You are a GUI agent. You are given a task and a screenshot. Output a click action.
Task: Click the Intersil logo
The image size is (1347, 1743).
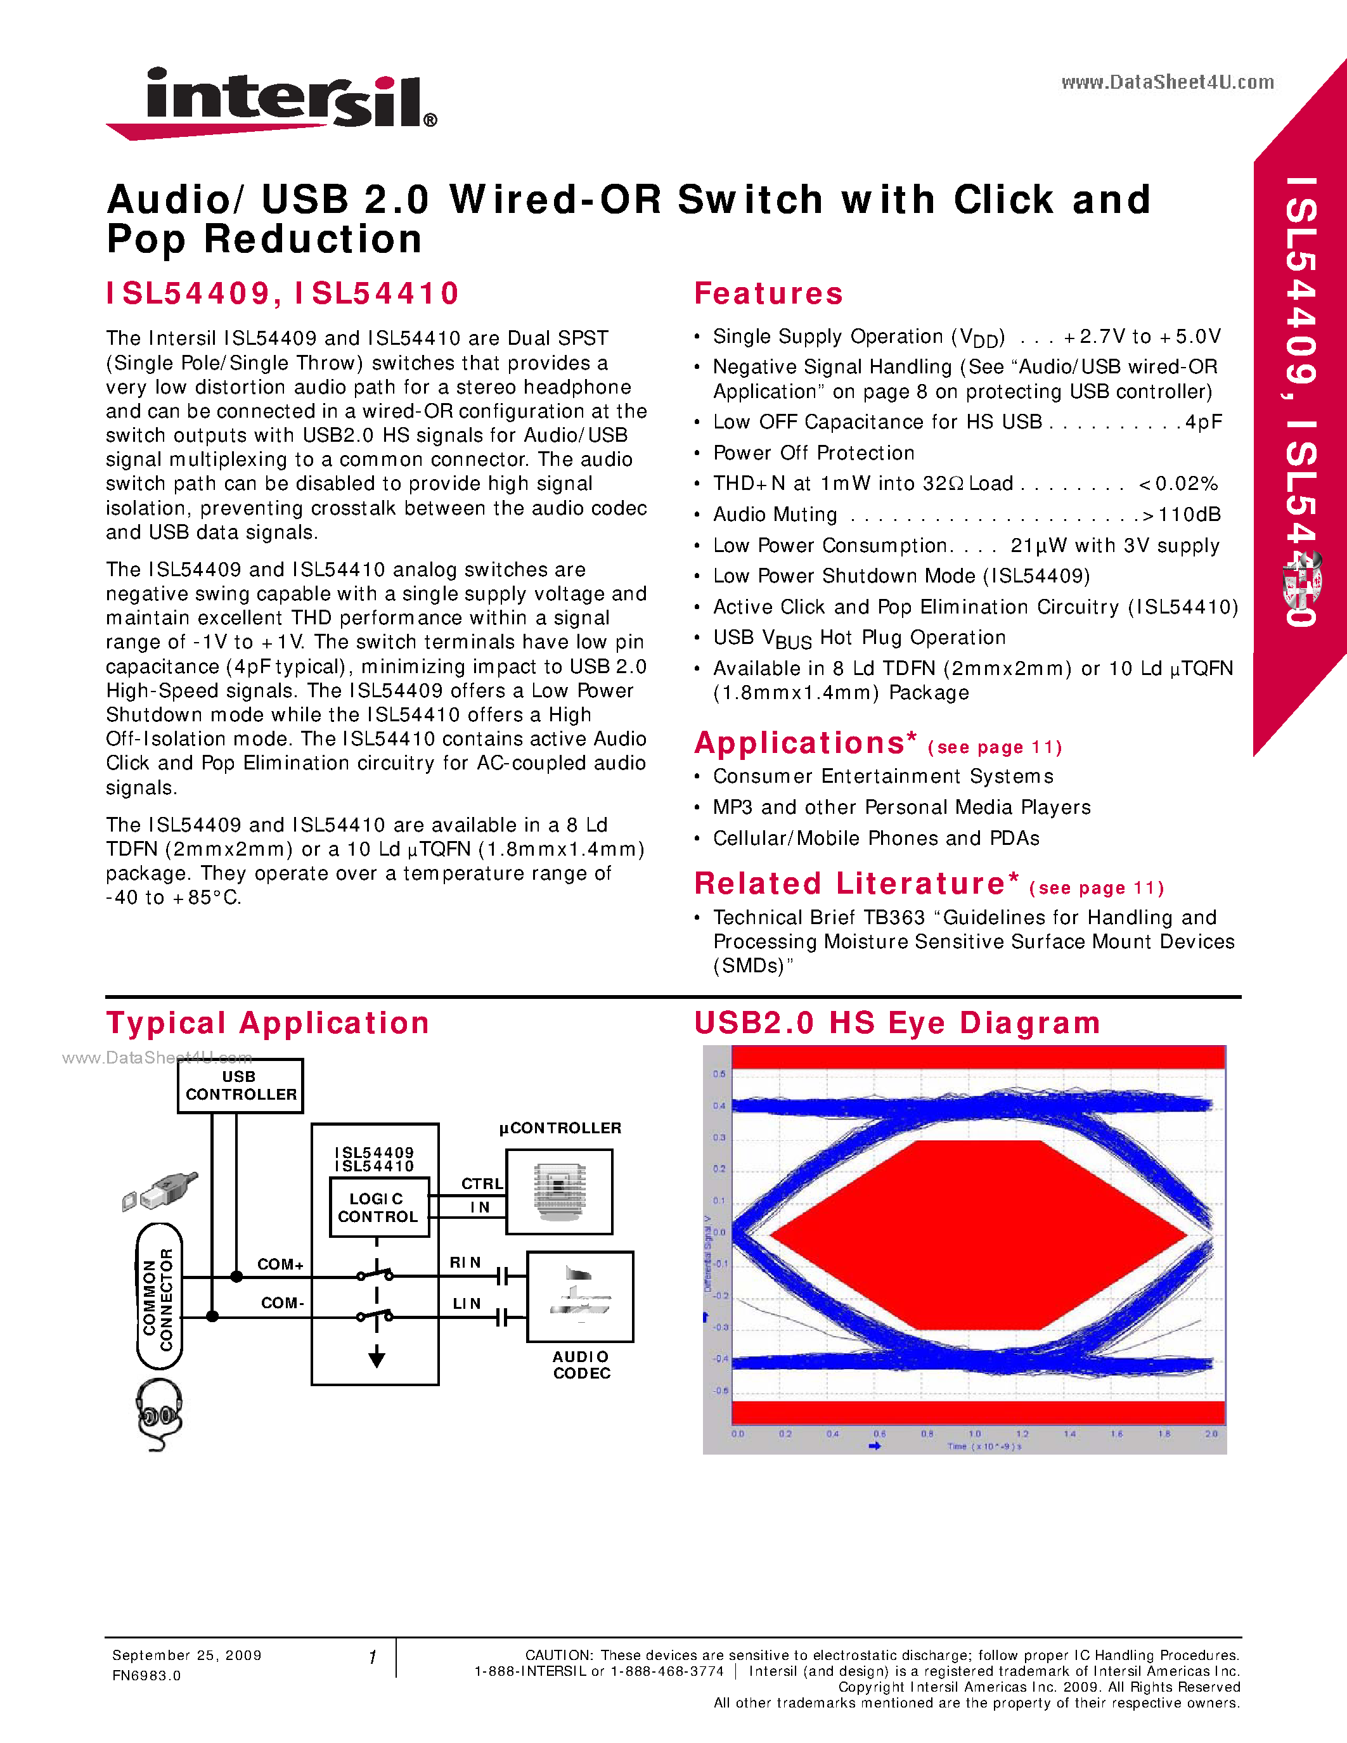[271, 102]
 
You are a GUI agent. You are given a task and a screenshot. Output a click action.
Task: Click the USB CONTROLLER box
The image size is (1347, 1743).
[240, 1085]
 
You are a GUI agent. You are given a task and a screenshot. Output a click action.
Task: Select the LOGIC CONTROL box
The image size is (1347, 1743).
[378, 1207]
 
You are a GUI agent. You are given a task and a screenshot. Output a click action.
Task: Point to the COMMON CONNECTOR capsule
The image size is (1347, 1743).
[159, 1297]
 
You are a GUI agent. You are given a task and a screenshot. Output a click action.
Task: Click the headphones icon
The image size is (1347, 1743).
[159, 1413]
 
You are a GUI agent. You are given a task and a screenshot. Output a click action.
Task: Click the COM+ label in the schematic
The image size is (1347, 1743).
[280, 1264]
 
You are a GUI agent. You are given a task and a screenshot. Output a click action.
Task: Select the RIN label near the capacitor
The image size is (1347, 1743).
[465, 1263]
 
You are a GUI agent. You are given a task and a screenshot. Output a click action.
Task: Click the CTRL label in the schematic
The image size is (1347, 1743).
[482, 1183]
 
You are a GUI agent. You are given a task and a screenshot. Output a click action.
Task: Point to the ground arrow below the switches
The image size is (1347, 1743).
[377, 1358]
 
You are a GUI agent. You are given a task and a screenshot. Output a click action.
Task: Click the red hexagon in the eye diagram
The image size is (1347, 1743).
[977, 1235]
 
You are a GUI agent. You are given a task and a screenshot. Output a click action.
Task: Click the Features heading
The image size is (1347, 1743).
[768, 293]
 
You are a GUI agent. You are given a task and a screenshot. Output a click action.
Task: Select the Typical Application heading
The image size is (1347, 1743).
[268, 1023]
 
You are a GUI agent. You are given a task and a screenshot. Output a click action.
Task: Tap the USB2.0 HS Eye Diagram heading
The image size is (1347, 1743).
[897, 1023]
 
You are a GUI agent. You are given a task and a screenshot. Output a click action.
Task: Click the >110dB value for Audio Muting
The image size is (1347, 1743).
[1182, 515]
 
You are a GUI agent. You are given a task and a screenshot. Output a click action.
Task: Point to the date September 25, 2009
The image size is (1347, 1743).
[187, 1655]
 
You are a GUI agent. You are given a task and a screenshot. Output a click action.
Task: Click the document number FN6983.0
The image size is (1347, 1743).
[147, 1675]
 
